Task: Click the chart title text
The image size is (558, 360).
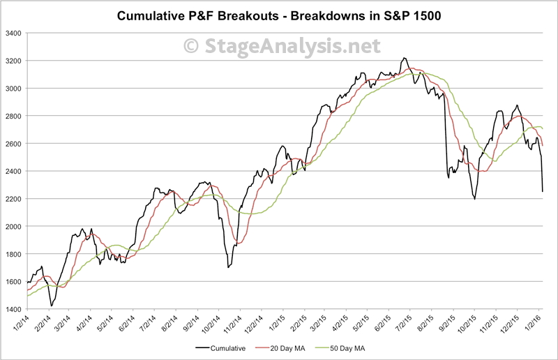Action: pyautogui.click(x=278, y=15)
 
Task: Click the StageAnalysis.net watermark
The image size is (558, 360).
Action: pyautogui.click(x=282, y=46)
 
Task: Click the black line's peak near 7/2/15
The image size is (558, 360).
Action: pyautogui.click(x=405, y=59)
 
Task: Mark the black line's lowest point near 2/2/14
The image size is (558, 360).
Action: pyautogui.click(x=52, y=306)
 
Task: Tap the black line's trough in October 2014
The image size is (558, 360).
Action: pyautogui.click(x=228, y=267)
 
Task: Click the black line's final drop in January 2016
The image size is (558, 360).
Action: pyautogui.click(x=543, y=190)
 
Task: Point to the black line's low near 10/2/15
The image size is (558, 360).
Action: pyautogui.click(x=474, y=199)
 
